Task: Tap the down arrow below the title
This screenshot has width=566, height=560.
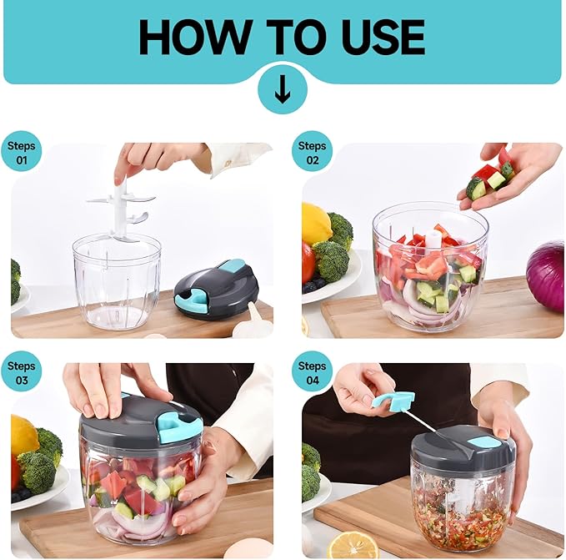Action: [x=283, y=89]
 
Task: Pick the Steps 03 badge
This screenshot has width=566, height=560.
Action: [x=22, y=371]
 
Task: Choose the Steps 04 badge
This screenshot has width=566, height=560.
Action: [x=313, y=371]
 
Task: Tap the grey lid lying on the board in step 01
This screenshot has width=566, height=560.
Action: [x=217, y=286]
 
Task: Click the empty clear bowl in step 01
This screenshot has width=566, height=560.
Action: [x=117, y=281]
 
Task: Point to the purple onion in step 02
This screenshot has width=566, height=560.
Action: [x=546, y=274]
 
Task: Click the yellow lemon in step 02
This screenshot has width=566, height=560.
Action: [x=315, y=224]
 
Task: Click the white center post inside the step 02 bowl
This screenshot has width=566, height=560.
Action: [x=433, y=240]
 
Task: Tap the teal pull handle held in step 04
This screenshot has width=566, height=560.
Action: [x=393, y=403]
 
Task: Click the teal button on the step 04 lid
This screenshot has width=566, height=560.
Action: [x=483, y=443]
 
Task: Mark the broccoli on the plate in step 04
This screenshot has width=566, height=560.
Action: [x=310, y=472]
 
